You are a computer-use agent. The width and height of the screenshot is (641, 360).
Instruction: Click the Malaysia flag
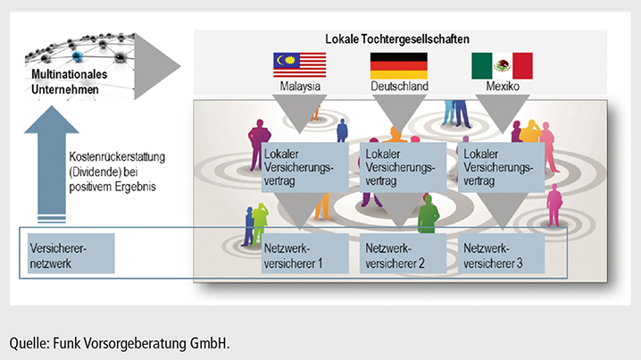click(300, 64)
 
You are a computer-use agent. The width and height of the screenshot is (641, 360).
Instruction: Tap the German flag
click(398, 65)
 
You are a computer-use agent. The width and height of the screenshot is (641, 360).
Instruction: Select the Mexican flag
click(502, 65)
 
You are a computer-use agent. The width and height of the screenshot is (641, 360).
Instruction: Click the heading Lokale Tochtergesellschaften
click(397, 39)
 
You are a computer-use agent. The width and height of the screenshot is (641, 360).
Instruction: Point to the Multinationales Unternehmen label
click(69, 82)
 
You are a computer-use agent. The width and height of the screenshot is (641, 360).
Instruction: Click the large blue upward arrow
click(52, 163)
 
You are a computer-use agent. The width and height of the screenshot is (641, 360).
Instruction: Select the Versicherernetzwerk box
click(71, 253)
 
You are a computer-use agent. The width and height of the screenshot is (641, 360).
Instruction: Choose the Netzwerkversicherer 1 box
click(305, 253)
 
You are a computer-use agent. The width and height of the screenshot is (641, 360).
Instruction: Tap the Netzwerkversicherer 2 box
click(403, 253)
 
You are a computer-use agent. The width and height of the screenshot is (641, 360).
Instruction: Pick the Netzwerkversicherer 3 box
click(501, 253)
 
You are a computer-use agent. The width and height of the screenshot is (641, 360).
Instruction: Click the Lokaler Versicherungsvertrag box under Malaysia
click(305, 167)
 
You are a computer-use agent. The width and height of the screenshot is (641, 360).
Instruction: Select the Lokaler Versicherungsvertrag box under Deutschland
click(403, 167)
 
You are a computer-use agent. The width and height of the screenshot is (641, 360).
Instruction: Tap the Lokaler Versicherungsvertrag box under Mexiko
click(501, 167)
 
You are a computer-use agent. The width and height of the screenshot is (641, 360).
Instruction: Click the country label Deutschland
click(399, 87)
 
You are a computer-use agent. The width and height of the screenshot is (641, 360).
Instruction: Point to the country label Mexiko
click(503, 87)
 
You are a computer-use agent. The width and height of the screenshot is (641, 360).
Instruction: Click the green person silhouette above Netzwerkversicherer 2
click(428, 214)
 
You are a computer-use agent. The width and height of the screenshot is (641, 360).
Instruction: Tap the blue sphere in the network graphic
click(77, 57)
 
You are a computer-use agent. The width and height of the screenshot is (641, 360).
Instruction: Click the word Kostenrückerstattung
click(117, 157)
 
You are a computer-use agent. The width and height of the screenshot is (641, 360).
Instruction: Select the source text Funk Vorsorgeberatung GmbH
click(141, 343)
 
